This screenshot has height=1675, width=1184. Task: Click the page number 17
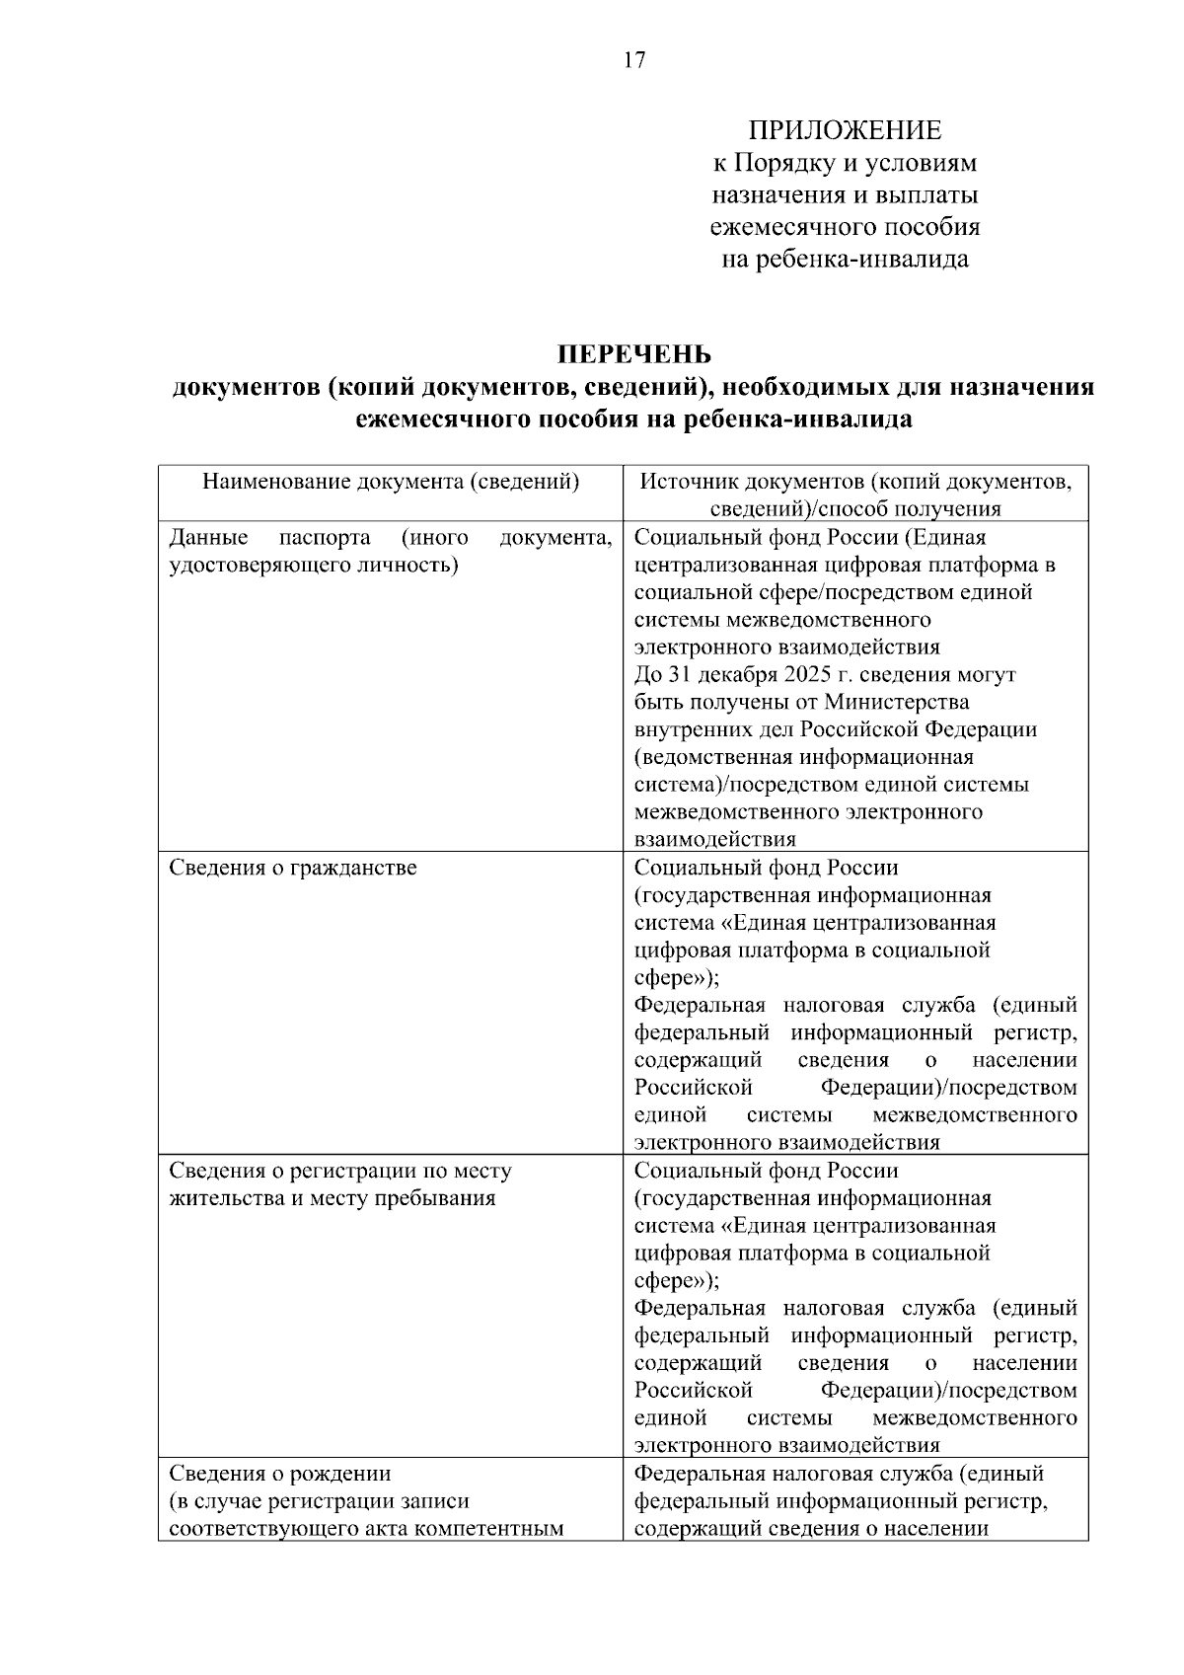pos(634,61)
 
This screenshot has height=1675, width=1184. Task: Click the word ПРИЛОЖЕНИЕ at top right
pos(845,130)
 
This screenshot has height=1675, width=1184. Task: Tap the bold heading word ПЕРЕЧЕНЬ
pos(633,353)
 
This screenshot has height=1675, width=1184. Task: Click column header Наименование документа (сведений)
pos(391,482)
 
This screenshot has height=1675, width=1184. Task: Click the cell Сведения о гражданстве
pos(293,868)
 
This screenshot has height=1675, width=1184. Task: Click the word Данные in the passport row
pos(208,538)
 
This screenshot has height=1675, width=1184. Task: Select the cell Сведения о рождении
pos(280,1474)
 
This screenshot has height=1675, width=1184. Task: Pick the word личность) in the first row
pos(409,566)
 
